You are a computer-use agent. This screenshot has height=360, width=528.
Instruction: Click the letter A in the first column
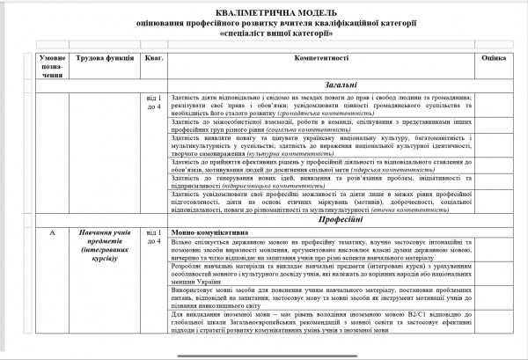click(x=54, y=232)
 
